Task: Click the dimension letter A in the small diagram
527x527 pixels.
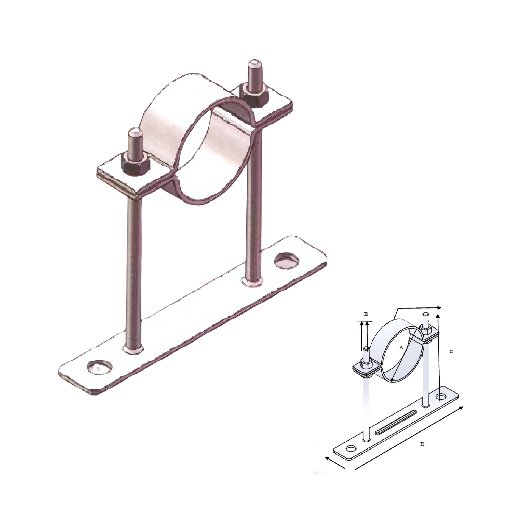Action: coord(401,347)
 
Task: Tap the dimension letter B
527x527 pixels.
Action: coord(365,314)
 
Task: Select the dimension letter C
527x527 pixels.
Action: coord(451,351)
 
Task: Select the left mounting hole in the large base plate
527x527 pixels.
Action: coord(100,366)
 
